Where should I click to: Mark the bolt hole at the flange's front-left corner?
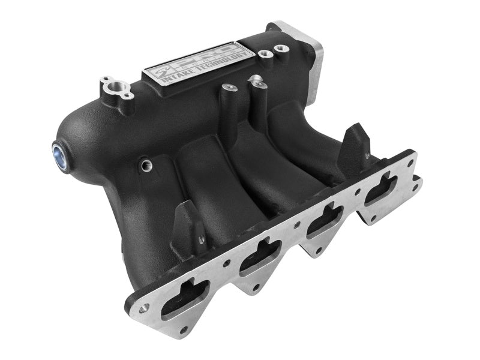click(x=144, y=308)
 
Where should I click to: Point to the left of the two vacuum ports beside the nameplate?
click(x=264, y=53)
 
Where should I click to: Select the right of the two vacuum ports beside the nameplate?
click(x=280, y=47)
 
